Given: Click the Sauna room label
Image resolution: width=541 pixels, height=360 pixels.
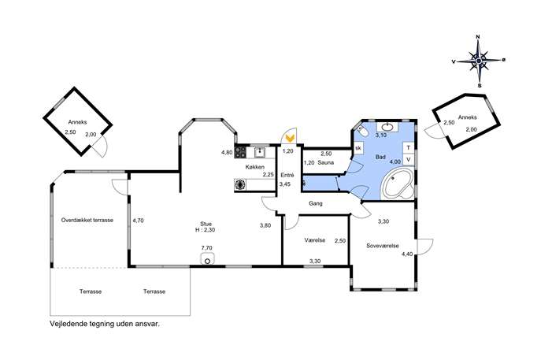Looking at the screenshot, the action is click(326, 162).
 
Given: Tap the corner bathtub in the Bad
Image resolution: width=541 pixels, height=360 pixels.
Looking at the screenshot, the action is click(398, 184).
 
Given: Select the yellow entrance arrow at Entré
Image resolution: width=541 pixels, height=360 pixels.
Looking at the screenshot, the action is click(290, 139).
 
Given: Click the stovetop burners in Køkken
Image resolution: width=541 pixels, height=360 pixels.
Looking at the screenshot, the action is click(240, 152).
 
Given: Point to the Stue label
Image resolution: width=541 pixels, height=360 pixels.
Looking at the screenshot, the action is click(206, 224).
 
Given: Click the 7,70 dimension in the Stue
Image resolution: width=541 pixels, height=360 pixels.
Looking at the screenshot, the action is click(206, 248).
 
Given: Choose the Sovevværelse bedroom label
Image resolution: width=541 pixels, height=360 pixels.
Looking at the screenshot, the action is click(383, 246).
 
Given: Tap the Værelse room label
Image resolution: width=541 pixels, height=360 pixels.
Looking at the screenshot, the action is click(315, 240).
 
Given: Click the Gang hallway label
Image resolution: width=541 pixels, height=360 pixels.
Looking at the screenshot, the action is click(315, 204).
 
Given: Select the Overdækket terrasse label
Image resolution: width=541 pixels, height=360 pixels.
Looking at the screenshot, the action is click(87, 220).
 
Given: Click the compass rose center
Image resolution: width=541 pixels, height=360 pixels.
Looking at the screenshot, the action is click(479, 61).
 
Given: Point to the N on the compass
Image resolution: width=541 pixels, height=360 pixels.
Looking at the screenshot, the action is click(478, 36).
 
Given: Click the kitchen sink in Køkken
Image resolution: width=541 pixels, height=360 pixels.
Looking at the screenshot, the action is click(259, 152).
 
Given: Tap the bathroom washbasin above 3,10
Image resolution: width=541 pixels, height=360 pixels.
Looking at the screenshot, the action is click(387, 127).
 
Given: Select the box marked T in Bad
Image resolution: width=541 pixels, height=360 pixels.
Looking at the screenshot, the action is click(409, 148).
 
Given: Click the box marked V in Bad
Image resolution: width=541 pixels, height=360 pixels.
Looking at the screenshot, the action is click(409, 159).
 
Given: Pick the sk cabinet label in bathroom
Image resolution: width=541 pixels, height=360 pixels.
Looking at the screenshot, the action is click(358, 148).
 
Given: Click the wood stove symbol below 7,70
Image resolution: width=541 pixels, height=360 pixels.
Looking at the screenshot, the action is click(207, 259).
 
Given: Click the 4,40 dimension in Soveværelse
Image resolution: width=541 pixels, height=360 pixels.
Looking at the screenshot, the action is click(407, 254).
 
